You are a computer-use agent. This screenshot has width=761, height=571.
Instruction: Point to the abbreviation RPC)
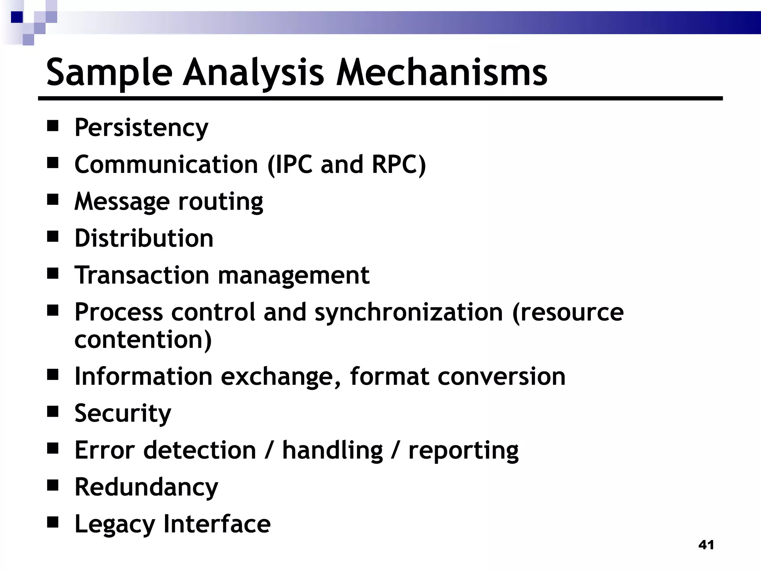click(398, 164)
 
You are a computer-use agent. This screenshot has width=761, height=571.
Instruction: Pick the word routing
click(221, 202)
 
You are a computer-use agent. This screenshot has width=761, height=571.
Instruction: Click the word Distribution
click(144, 238)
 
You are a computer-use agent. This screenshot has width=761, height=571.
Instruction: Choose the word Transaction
click(142, 275)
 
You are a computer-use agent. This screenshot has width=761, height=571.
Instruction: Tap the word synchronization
click(408, 313)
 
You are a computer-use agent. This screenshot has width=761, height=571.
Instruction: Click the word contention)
click(143, 340)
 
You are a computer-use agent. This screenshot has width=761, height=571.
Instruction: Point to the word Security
click(123, 414)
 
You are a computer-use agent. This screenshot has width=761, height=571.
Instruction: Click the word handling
click(332, 451)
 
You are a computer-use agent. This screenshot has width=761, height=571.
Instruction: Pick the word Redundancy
click(146, 487)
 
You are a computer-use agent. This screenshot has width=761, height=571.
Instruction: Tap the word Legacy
click(114, 525)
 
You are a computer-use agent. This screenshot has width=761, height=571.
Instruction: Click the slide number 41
click(706, 545)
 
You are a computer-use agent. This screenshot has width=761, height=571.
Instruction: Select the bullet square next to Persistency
click(53, 126)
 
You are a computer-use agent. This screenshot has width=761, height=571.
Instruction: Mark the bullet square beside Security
click(53, 412)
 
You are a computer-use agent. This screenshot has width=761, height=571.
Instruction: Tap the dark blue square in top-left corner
click(17, 17)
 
